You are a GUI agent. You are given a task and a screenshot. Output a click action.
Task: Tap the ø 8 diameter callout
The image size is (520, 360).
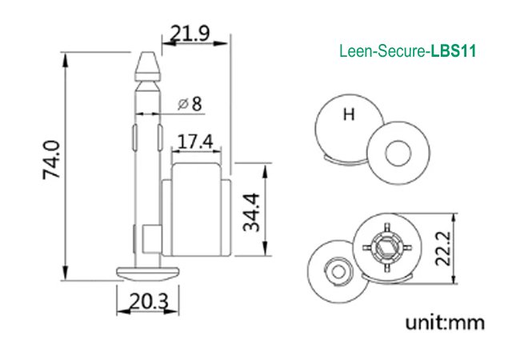190,103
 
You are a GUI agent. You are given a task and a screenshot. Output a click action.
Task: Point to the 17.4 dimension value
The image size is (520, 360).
194,142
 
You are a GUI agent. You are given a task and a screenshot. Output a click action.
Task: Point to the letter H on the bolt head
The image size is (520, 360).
348,114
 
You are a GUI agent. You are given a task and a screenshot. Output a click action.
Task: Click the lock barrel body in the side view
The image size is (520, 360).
196,216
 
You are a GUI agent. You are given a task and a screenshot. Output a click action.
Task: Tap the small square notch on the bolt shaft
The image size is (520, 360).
149,238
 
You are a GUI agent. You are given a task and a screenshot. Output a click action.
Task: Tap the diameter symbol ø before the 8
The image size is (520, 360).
182,103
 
